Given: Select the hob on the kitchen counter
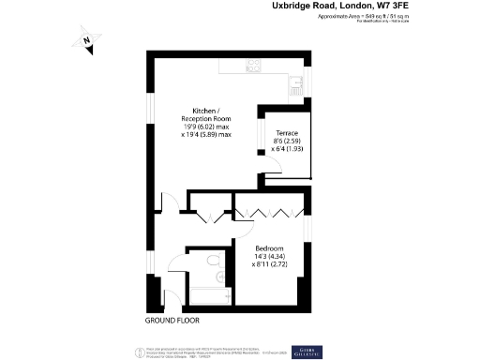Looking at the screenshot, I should point(252,66).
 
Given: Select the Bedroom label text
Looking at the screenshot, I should point(269,248).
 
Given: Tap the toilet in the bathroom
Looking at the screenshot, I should point(215,262).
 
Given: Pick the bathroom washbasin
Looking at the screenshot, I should point(222,277).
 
